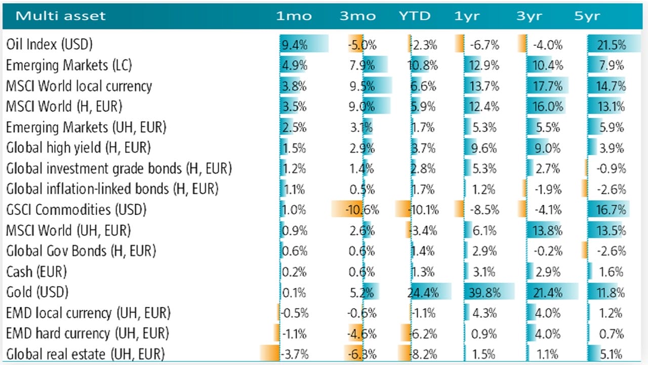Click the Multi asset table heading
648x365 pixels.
[x=61, y=16]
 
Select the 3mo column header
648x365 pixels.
[x=358, y=16]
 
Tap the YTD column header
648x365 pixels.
[x=415, y=16]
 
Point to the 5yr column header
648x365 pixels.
[x=587, y=16]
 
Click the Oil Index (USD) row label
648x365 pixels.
[x=50, y=45]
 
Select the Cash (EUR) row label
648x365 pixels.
[x=36, y=272]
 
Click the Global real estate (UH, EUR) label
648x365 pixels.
[x=86, y=354]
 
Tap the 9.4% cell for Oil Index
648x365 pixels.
[x=294, y=45]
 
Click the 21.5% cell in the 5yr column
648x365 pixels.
[x=612, y=45]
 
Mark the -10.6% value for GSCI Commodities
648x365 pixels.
[x=361, y=210]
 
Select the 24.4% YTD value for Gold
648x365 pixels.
[x=424, y=293]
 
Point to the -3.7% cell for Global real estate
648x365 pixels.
[x=293, y=354]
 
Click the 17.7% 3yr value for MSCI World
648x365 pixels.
[x=548, y=86]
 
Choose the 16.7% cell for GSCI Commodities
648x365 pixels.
[x=612, y=210]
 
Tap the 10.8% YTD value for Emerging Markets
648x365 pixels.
[x=424, y=65]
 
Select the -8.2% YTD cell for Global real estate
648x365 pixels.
[x=424, y=354]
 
